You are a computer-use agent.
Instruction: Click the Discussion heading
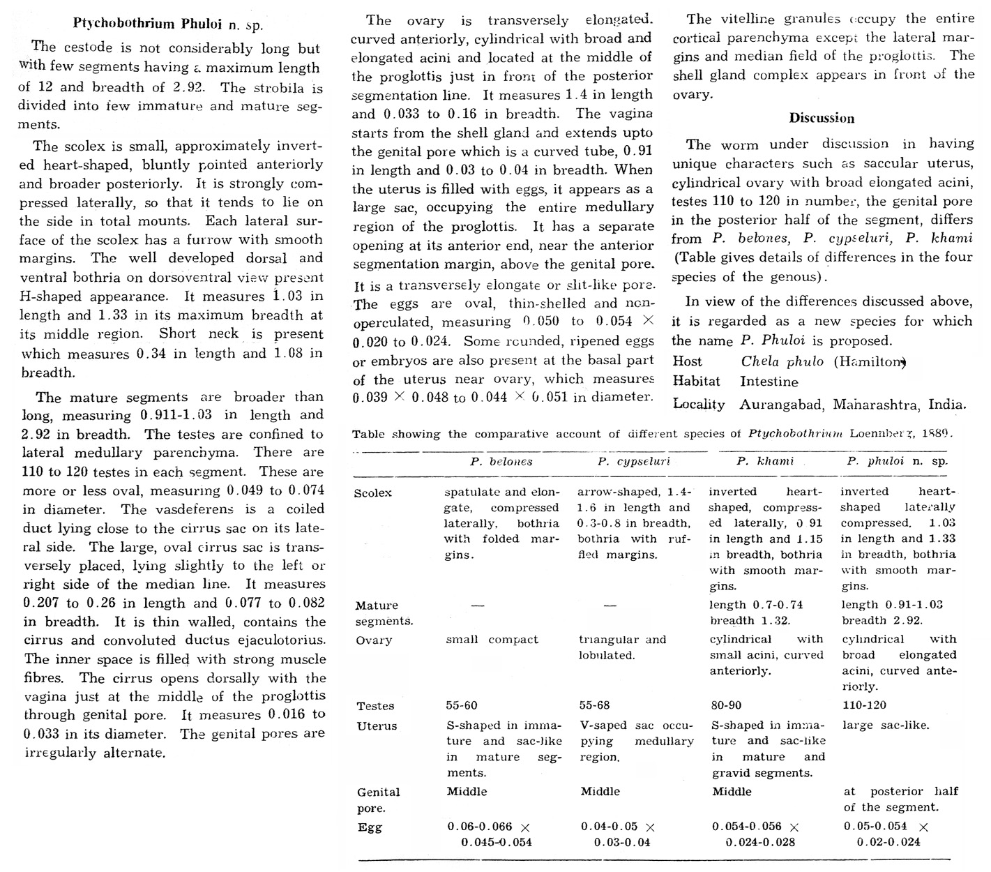click(x=822, y=118)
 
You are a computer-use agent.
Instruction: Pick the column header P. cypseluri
click(x=633, y=461)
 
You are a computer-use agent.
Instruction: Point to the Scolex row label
click(x=373, y=493)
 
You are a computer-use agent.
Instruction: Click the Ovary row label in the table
click(x=374, y=640)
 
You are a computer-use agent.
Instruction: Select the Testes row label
click(x=375, y=706)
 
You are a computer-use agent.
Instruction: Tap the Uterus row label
click(x=377, y=726)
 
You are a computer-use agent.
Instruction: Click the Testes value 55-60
click(x=462, y=705)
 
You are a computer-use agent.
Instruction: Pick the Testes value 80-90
click(x=727, y=705)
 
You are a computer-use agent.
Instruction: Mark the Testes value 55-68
click(x=594, y=705)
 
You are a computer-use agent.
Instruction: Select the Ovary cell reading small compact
click(x=492, y=640)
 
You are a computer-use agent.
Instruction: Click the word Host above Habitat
click(x=688, y=361)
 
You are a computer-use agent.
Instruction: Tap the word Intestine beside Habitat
click(x=769, y=382)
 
